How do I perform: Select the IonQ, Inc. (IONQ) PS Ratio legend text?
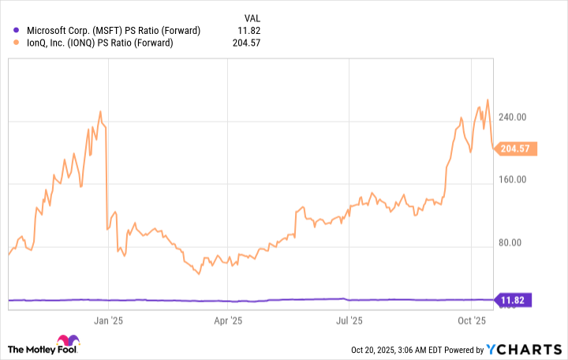click(x=102, y=43)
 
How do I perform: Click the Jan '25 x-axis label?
click(x=108, y=321)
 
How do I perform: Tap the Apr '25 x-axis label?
click(x=228, y=321)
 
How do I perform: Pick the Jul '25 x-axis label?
click(x=349, y=321)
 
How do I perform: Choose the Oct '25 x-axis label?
click(x=471, y=321)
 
